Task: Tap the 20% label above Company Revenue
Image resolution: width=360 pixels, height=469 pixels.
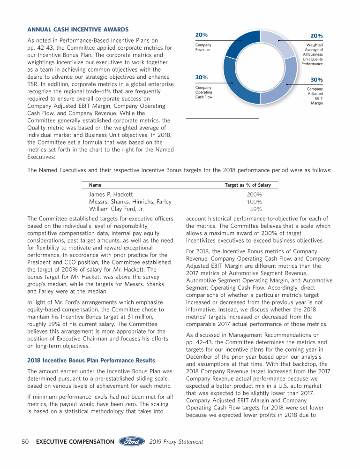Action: [x=202, y=35]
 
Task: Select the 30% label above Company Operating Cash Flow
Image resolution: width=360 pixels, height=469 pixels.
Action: [x=202, y=77]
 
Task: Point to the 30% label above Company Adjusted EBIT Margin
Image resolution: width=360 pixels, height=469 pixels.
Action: [x=316, y=80]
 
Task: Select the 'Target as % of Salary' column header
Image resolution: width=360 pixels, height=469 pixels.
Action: [x=247, y=185]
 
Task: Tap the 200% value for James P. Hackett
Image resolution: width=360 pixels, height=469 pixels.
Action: [x=254, y=194]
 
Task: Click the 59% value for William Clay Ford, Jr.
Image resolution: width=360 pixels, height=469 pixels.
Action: [x=256, y=209]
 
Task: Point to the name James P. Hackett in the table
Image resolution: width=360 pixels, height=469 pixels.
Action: [x=111, y=194]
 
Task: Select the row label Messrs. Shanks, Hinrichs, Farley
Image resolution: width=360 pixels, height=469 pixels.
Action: [x=130, y=202]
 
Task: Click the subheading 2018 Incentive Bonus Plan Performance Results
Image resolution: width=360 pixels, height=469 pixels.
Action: [x=91, y=360]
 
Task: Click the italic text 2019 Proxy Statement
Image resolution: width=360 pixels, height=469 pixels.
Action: [x=177, y=441]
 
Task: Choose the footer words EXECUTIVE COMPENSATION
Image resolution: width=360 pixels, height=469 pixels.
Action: [x=75, y=441]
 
